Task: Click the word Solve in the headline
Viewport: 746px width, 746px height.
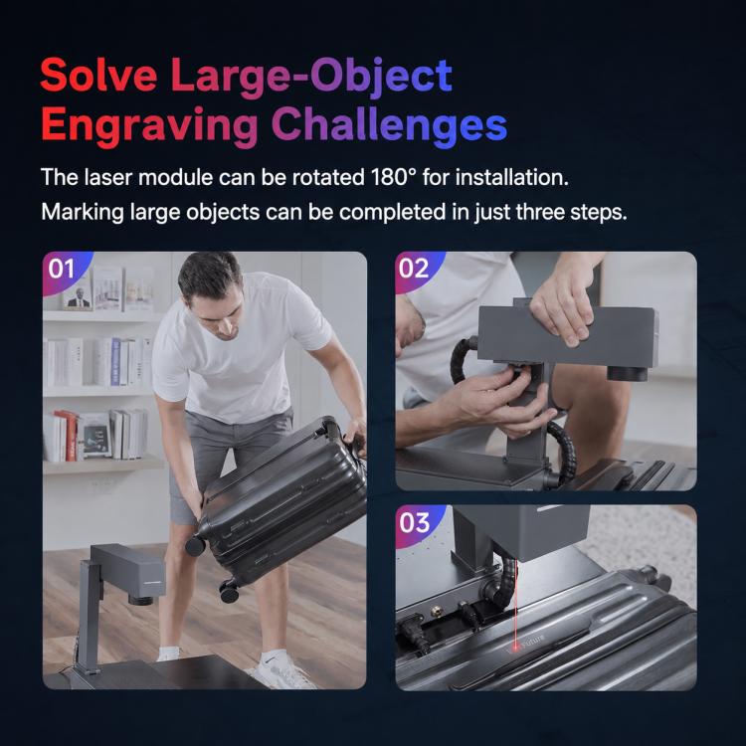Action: [98, 76]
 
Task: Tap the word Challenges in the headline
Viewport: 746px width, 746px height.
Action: [389, 124]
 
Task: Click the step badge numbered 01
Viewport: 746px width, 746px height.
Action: [62, 269]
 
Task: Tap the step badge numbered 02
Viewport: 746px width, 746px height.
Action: [414, 269]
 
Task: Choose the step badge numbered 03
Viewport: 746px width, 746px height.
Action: [415, 522]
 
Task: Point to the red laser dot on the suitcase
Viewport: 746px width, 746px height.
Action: [515, 647]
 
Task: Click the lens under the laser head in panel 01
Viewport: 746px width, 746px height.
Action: [140, 599]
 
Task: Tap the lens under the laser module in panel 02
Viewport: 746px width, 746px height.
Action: [627, 372]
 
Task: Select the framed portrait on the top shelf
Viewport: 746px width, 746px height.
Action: [78, 295]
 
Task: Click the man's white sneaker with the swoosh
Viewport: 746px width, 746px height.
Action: [280, 670]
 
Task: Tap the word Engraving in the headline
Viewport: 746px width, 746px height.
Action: [149, 125]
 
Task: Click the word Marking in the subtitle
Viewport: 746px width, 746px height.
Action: [82, 213]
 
